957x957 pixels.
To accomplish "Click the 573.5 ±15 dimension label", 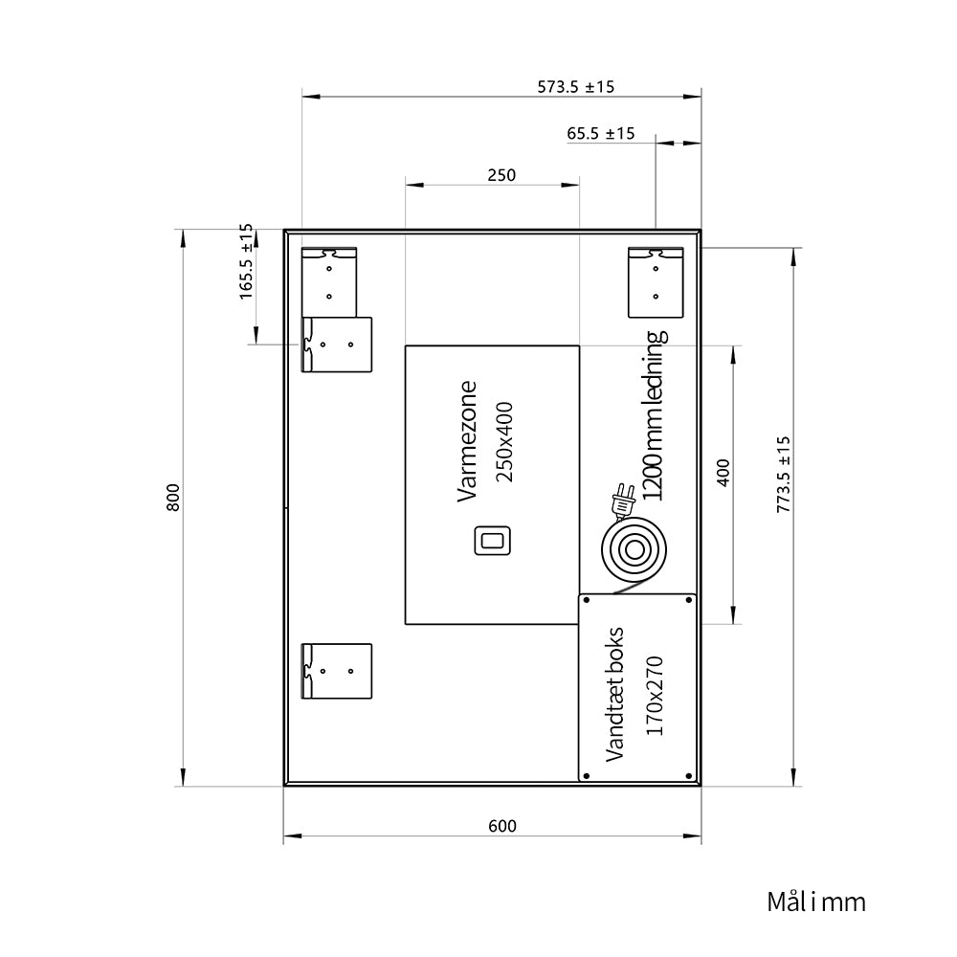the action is click(575, 87).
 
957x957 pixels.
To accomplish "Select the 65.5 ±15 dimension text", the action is click(601, 133).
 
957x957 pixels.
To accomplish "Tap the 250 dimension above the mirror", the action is click(501, 175).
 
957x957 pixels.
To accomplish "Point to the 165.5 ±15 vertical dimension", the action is click(246, 261).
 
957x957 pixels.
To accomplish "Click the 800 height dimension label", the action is click(173, 498).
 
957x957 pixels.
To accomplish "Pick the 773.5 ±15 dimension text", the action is click(784, 475).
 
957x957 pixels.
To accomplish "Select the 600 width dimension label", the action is click(502, 826).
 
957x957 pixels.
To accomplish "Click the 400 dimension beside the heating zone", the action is click(723, 473).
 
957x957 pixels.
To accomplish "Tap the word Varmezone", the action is click(467, 441).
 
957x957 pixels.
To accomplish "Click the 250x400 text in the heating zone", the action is click(504, 442).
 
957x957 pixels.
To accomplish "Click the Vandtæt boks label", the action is click(614, 694).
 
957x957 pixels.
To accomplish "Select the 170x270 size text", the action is click(655, 696).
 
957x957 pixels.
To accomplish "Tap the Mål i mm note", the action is click(816, 901).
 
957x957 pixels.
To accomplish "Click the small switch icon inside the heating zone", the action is click(493, 541).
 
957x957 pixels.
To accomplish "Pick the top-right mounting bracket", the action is click(657, 282).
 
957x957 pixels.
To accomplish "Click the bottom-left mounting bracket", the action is click(337, 671).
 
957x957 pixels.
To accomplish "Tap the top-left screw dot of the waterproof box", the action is click(587, 601).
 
